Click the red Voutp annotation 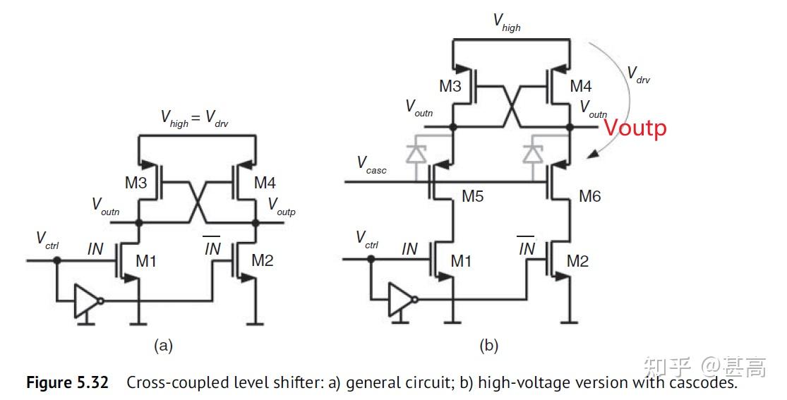[x=635, y=128]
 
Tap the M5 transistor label [x=473, y=196]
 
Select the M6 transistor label [x=589, y=196]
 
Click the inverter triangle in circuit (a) [x=86, y=301]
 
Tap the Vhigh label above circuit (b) [x=507, y=21]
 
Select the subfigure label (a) [x=163, y=345]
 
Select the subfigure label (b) [x=488, y=345]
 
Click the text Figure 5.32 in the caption [x=68, y=383]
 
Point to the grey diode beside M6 [x=534, y=152]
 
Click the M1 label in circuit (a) [x=147, y=261]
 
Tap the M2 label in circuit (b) [x=578, y=261]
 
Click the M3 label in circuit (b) [x=450, y=87]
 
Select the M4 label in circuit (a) [x=265, y=183]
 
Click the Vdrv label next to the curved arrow [x=639, y=75]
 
